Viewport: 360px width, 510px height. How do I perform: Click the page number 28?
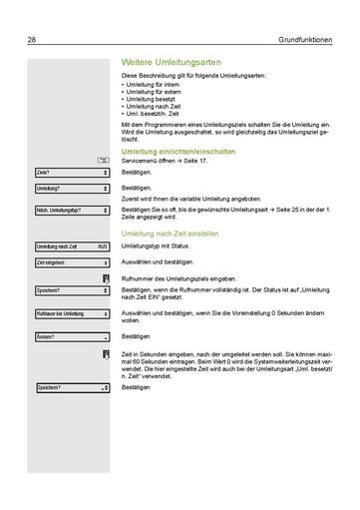point(33,41)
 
